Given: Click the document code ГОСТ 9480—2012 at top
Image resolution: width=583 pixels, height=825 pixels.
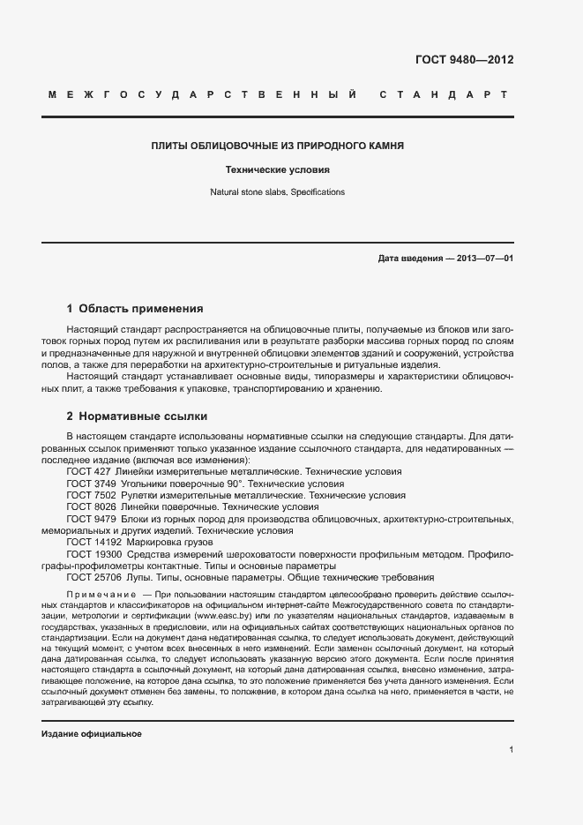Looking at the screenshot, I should (464, 60).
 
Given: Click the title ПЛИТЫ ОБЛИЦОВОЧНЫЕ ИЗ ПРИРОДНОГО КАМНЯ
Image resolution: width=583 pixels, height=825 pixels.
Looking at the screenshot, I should (278, 146).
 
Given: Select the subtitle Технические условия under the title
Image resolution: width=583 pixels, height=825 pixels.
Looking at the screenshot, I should (278, 169).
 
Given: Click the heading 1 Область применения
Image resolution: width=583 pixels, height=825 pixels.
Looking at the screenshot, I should (135, 309).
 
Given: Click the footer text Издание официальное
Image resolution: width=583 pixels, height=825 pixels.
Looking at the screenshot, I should (91, 733).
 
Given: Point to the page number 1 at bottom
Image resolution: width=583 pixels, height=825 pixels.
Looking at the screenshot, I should (512, 751).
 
